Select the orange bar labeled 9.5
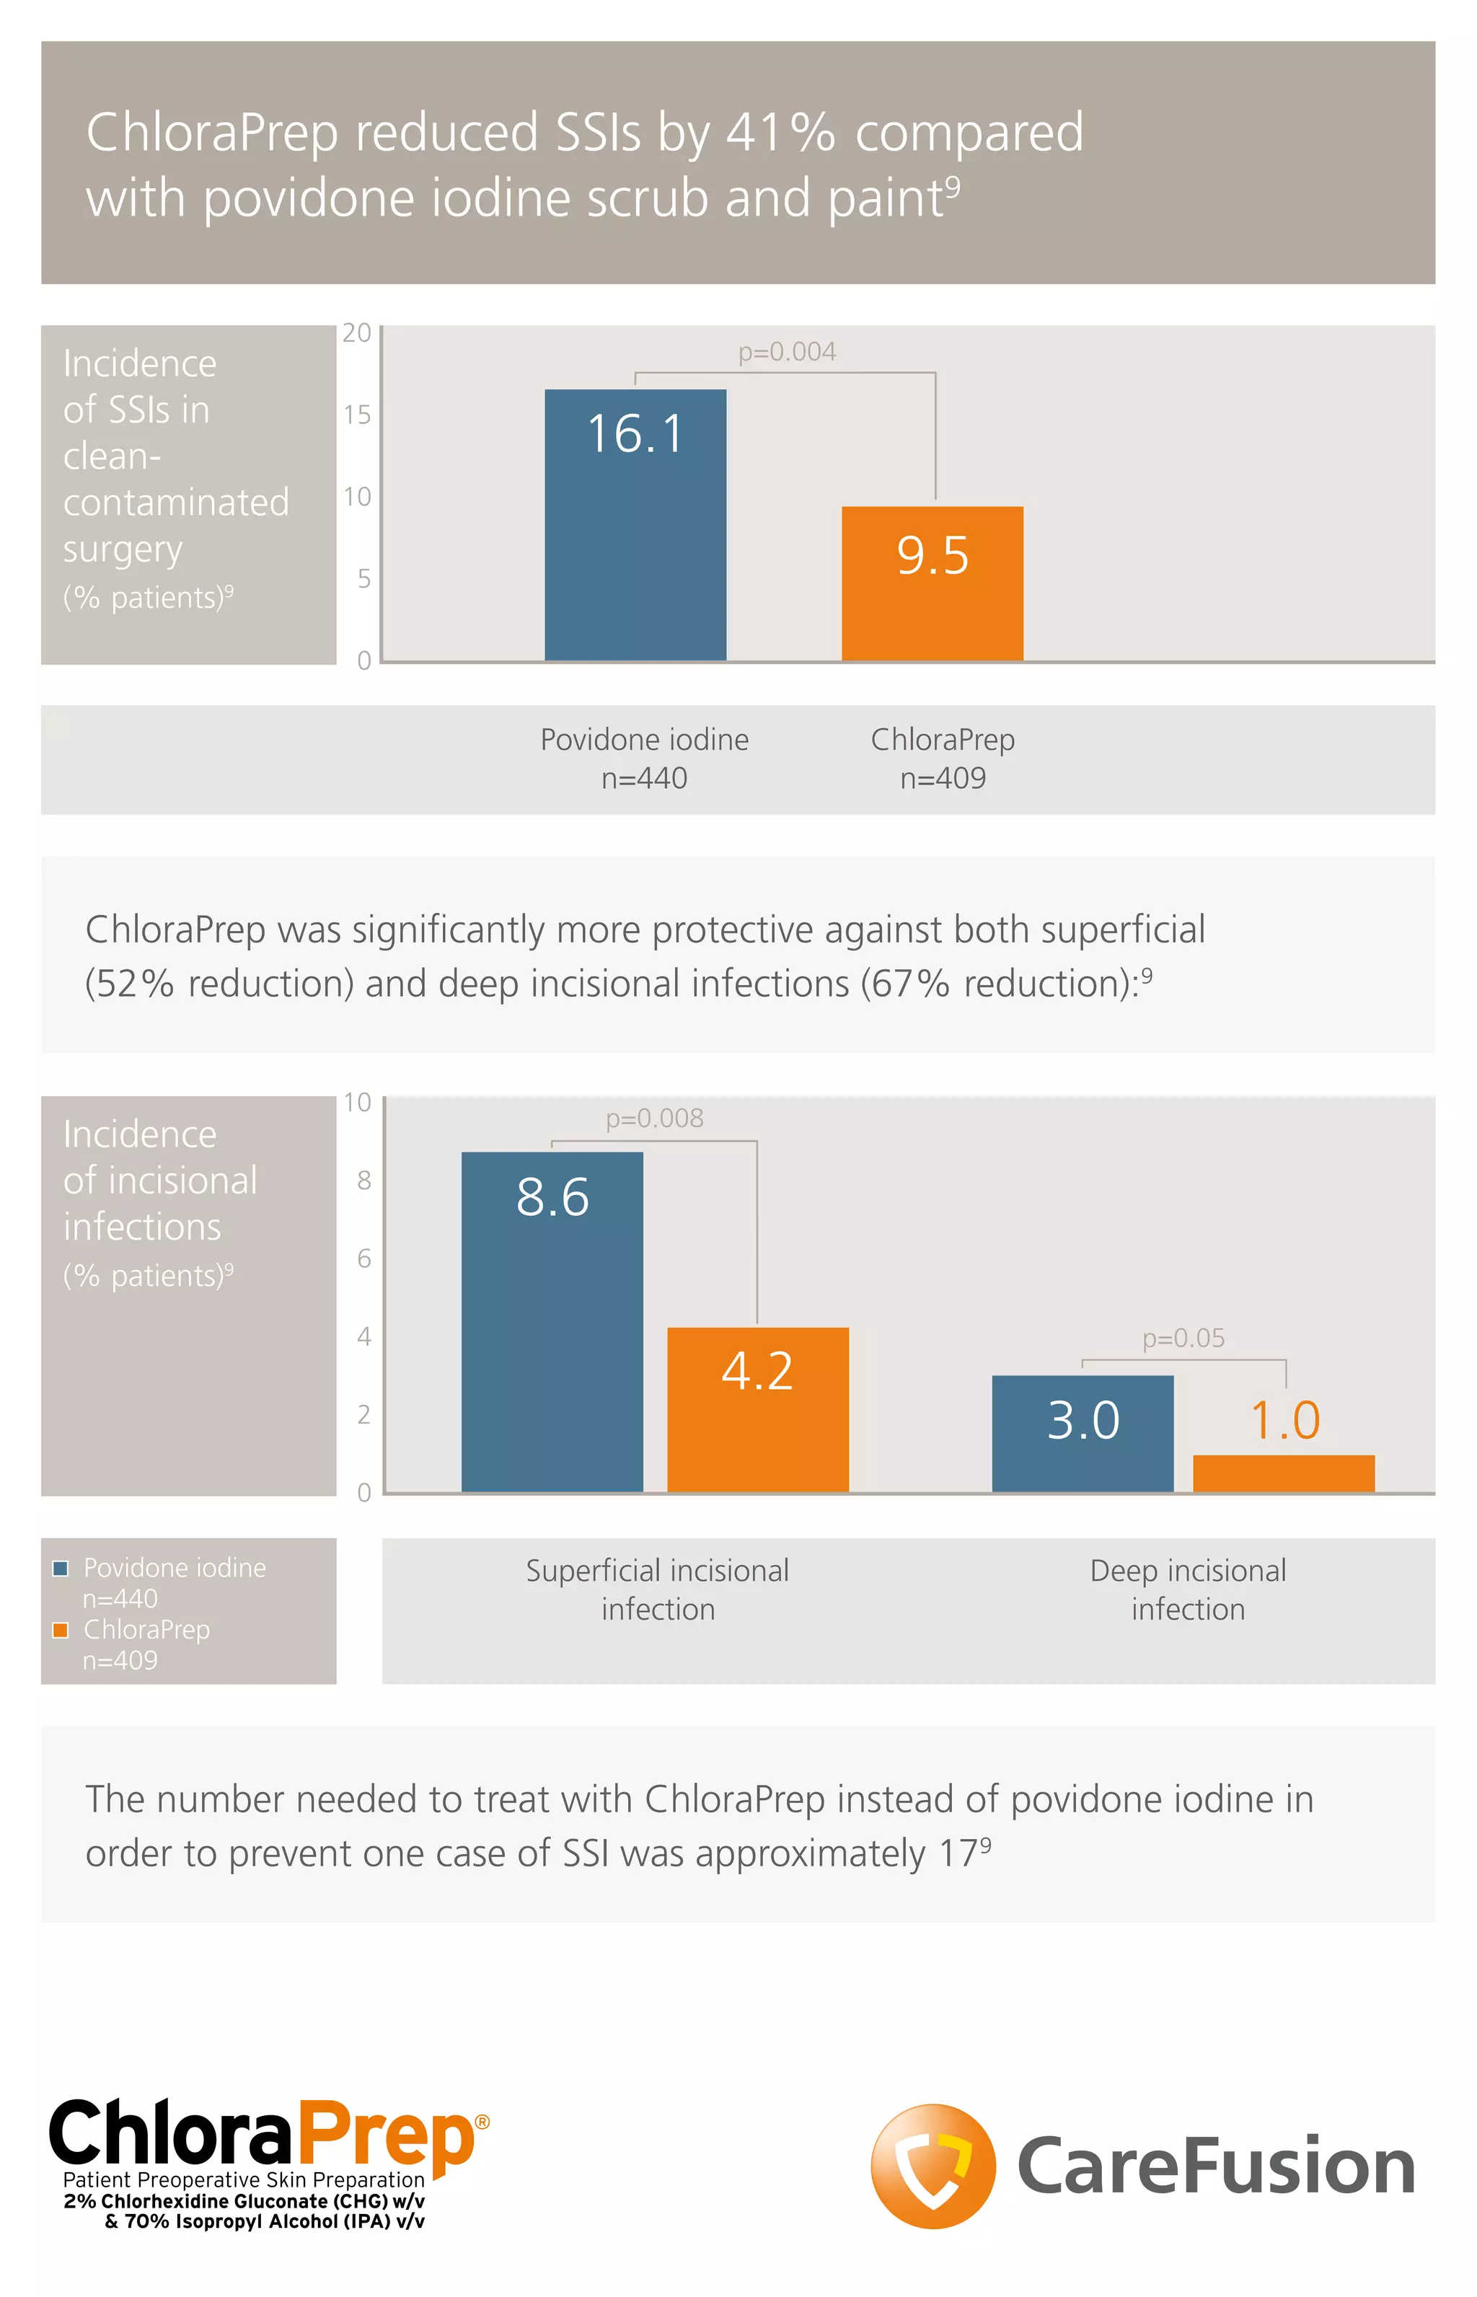click(x=933, y=583)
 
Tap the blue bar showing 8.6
click(x=552, y=1322)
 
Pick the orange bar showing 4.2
click(x=758, y=1409)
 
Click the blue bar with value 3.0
click(x=1082, y=1433)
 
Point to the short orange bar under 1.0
click(x=1283, y=1473)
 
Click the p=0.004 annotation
click(x=786, y=352)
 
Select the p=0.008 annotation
click(x=654, y=1119)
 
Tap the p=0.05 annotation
click(x=1183, y=1338)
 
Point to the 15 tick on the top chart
click(x=357, y=414)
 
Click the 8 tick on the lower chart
click(x=363, y=1181)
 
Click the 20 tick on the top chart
click(x=357, y=332)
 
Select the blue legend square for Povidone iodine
click(x=61, y=1568)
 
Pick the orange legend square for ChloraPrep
click(x=61, y=1631)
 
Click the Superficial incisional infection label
click(x=657, y=1590)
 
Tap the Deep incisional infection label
click(x=1187, y=1590)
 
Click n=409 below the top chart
click(x=943, y=778)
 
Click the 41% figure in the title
click(x=780, y=133)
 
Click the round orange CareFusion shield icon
click(x=933, y=2166)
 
